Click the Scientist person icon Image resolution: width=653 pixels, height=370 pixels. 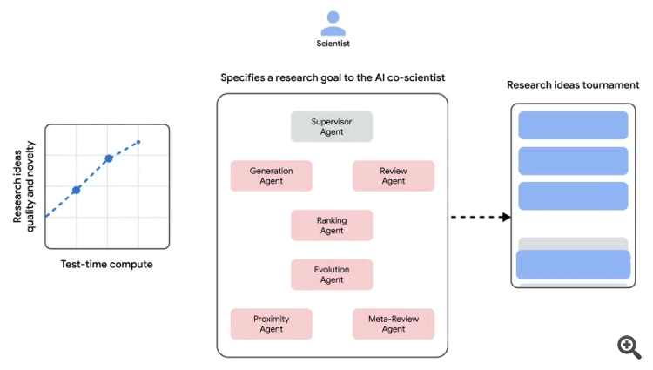(x=333, y=22)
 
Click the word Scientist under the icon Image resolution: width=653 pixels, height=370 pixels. (x=333, y=42)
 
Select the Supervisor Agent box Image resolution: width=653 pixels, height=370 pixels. (x=332, y=126)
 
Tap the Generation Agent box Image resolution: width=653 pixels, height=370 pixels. (x=271, y=175)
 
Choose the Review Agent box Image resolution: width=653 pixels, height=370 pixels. (x=393, y=175)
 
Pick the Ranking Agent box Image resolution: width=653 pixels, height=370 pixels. (x=332, y=225)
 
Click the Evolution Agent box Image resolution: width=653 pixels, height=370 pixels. (x=332, y=274)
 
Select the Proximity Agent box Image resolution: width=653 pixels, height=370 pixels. (x=271, y=324)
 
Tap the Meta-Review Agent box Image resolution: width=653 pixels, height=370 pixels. (x=393, y=324)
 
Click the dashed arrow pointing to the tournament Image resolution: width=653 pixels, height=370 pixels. (x=480, y=217)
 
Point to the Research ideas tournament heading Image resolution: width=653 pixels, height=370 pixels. (x=573, y=85)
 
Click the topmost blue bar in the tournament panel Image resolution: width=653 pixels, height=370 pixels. (x=573, y=125)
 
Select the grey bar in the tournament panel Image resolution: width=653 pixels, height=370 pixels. (x=573, y=244)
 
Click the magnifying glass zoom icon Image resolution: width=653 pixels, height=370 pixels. (x=629, y=346)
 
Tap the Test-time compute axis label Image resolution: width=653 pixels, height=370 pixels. (x=106, y=264)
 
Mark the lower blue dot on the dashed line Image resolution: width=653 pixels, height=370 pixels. (x=76, y=189)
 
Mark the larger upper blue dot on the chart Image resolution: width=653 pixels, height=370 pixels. (x=109, y=158)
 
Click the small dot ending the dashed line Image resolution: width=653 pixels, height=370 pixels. (x=138, y=142)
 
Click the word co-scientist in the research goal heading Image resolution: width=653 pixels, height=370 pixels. (x=414, y=78)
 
